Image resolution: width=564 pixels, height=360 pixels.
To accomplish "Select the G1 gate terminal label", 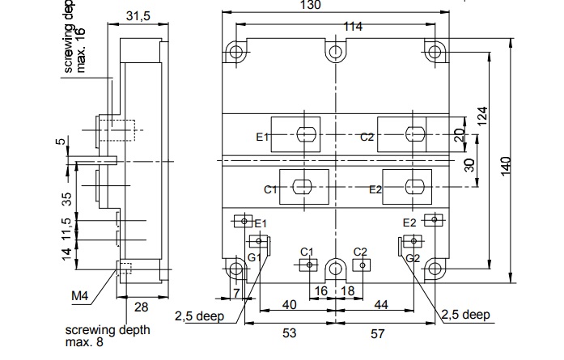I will pos(254,256).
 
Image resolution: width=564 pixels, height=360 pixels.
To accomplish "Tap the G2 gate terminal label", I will pos(413,257).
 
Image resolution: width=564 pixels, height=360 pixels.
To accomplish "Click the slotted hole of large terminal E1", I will pos(307,134).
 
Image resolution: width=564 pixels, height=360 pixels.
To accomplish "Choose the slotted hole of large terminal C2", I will pos(414,134).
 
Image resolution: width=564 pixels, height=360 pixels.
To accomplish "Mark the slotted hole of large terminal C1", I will pos(303,186).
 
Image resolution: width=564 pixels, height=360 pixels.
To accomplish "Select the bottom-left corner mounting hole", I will pos(235,269).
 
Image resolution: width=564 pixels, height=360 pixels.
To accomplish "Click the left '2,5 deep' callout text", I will pos(197,316).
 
